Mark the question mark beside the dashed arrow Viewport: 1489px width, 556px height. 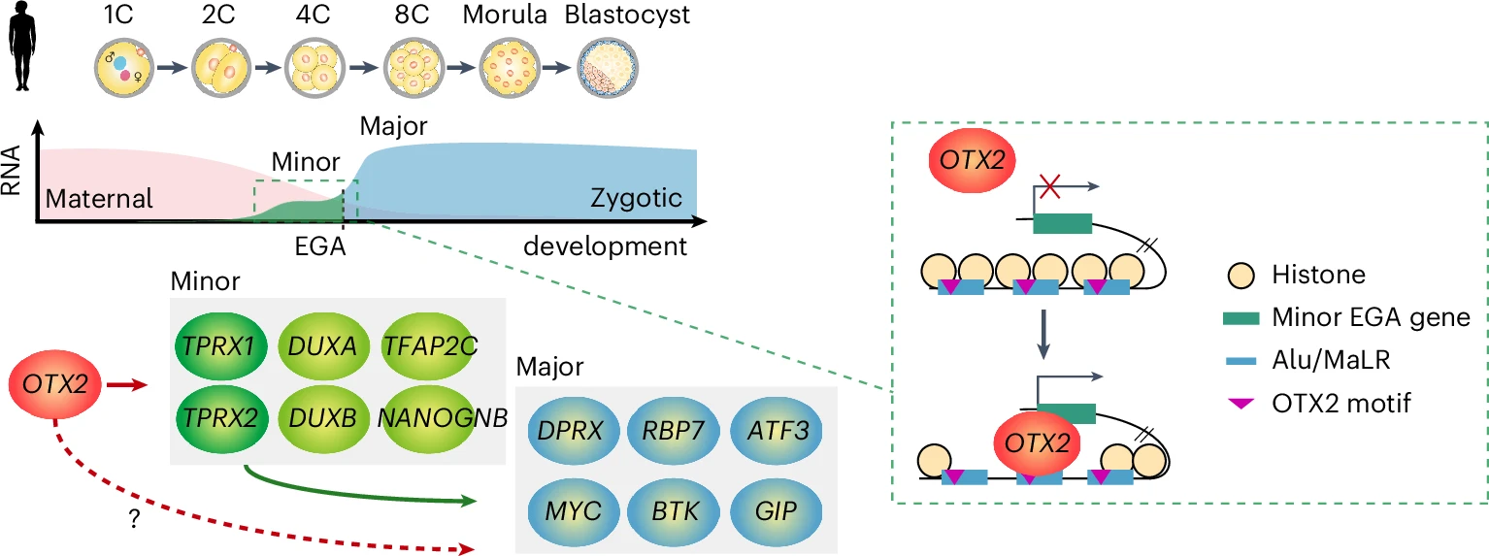pos(132,520)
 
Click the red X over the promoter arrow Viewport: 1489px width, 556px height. pos(1049,187)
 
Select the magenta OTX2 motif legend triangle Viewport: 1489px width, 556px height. pos(1238,404)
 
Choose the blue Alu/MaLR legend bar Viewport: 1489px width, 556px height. pos(1238,360)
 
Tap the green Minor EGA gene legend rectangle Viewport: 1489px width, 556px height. pos(1238,317)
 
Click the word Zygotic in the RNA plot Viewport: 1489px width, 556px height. pos(636,200)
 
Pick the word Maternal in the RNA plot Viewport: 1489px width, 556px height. pos(100,200)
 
